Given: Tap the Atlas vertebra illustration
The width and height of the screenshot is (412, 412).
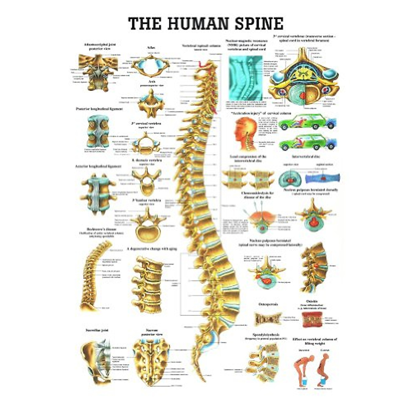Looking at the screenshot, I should click(150, 65).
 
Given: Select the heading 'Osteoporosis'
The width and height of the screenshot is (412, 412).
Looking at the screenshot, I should click(268, 304).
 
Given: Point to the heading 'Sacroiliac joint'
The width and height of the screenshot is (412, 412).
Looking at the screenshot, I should click(97, 330).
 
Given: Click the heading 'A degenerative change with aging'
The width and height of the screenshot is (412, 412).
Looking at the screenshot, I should click(152, 248).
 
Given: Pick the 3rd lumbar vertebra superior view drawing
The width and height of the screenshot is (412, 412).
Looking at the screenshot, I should click(148, 225).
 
